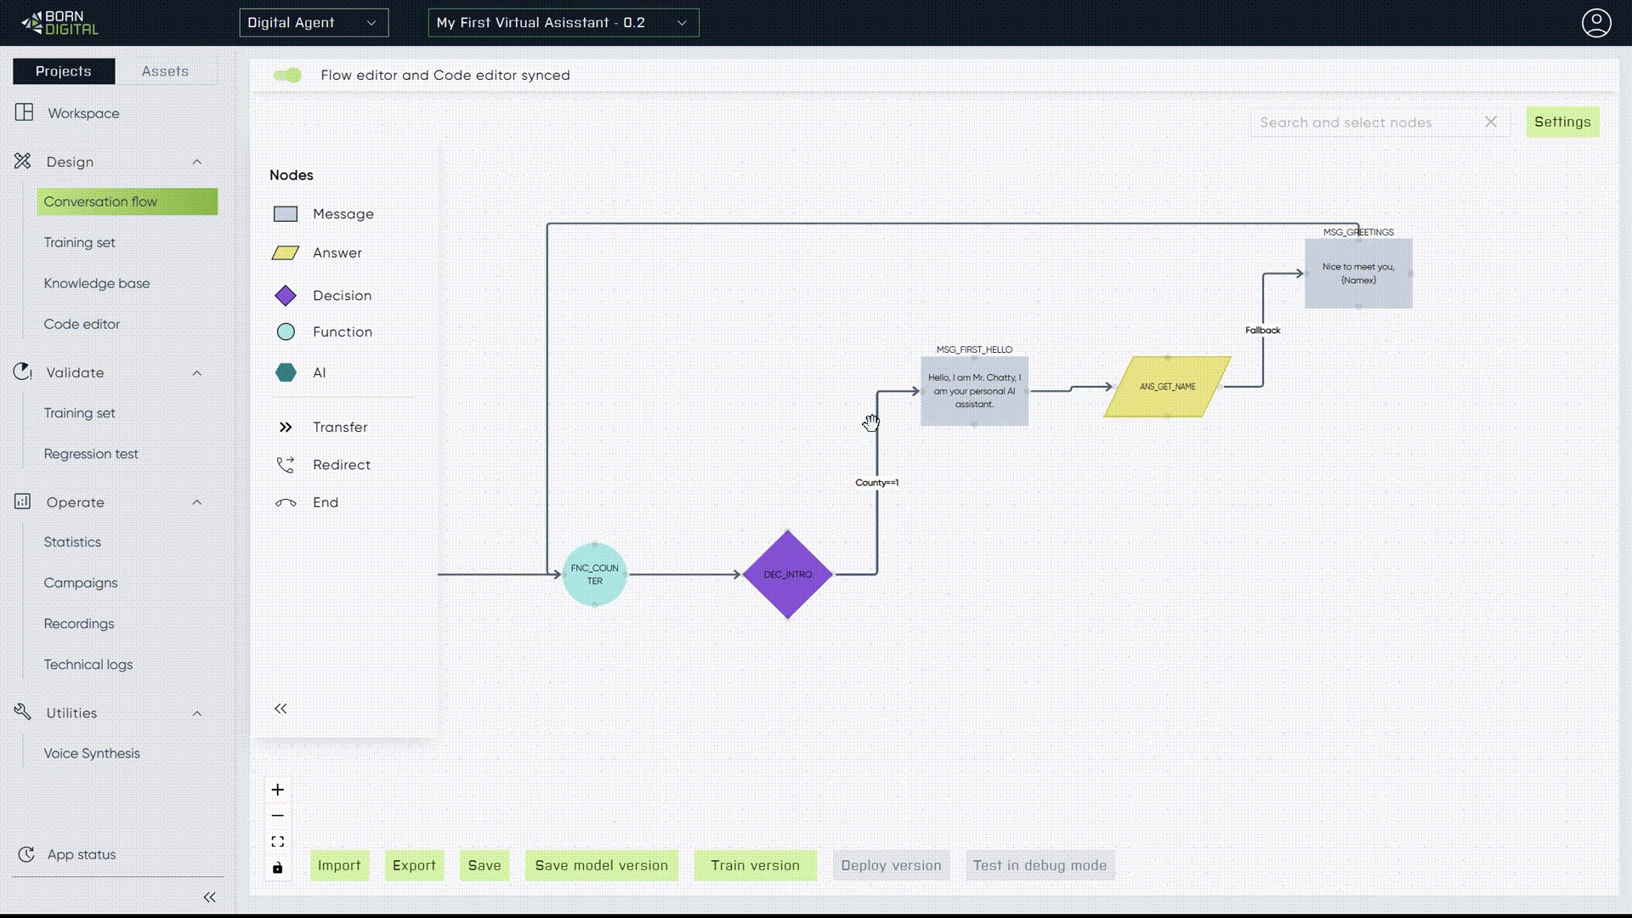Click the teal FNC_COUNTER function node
[x=594, y=575]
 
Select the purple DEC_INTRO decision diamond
[x=787, y=575]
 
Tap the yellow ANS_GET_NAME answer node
[x=1167, y=387]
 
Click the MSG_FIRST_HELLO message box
[x=974, y=391]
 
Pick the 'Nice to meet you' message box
[x=1358, y=273]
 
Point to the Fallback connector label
[x=1262, y=330]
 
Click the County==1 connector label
[x=876, y=483]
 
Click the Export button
[x=414, y=865]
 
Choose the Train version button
[x=755, y=865]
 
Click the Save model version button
[x=601, y=865]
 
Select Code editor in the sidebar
[x=82, y=324]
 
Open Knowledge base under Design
[x=97, y=283]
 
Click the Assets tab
[x=165, y=71]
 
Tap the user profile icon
[x=1596, y=23]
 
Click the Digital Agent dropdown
[x=314, y=23]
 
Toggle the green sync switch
[x=287, y=76]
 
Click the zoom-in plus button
[x=278, y=790]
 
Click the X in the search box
[x=1491, y=122]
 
